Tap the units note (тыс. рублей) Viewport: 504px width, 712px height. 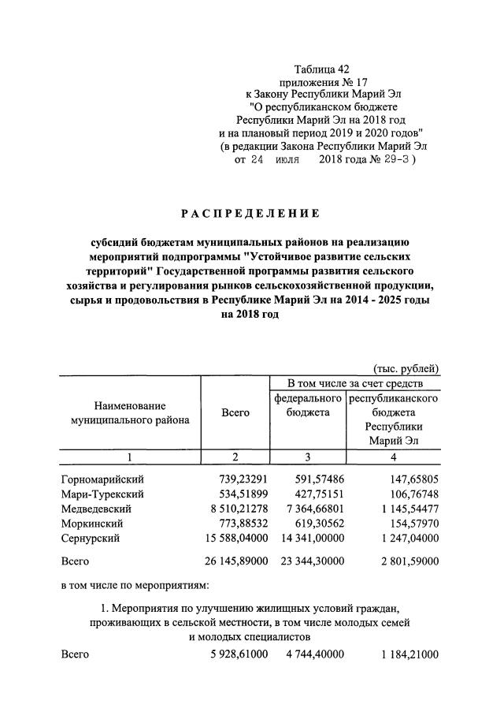(x=406, y=368)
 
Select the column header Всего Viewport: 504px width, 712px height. (x=235, y=412)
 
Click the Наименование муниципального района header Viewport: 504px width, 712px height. (x=130, y=412)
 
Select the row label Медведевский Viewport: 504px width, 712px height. (x=96, y=509)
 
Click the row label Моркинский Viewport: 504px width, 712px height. (x=92, y=523)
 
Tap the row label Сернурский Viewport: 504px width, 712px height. (x=91, y=538)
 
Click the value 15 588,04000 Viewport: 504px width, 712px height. (x=235, y=538)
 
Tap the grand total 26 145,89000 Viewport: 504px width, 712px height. (x=235, y=562)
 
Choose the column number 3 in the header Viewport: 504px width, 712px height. (x=307, y=457)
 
